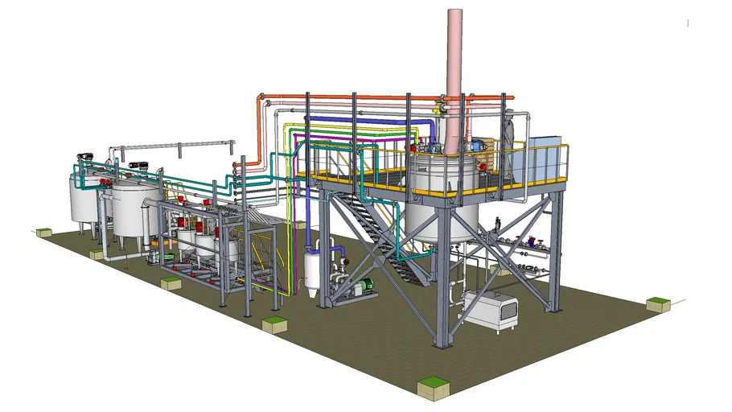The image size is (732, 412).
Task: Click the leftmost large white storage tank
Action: (82, 200)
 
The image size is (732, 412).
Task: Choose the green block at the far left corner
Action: (44, 233)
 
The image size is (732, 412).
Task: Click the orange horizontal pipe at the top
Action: (362, 98)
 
